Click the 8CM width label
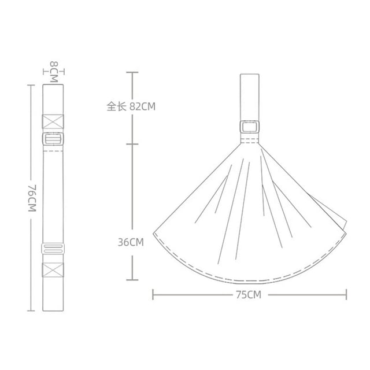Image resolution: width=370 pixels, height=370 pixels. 54,72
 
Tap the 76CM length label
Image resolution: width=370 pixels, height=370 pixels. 32,198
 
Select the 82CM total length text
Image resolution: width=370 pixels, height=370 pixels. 143,106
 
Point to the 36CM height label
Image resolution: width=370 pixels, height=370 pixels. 131,242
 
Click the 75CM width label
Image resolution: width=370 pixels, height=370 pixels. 249,295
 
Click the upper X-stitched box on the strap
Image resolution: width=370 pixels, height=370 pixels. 53,122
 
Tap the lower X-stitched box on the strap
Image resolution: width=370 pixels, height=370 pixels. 53,270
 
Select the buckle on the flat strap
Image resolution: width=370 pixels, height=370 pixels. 53,139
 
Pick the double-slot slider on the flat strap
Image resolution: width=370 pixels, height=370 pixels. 53,248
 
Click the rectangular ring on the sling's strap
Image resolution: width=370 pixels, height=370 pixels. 250,127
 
